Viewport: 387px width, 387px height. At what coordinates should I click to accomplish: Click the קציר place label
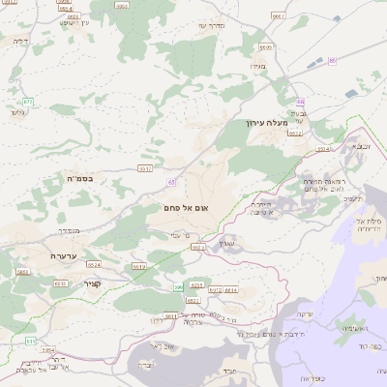pyautogui.click(x=93, y=283)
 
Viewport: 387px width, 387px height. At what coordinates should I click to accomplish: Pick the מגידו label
pyautogui.click(x=257, y=66)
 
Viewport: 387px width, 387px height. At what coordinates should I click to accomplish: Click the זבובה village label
pyautogui.click(x=363, y=145)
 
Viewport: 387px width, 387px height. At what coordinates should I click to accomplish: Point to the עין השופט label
pyautogui.click(x=73, y=21)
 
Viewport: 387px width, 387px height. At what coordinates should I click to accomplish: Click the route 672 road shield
pyautogui.click(x=28, y=101)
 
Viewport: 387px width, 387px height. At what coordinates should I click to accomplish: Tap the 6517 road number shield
pyautogui.click(x=145, y=167)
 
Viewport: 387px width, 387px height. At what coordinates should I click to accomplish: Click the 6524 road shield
pyautogui.click(x=94, y=263)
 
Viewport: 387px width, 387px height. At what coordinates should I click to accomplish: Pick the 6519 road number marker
pyautogui.click(x=139, y=266)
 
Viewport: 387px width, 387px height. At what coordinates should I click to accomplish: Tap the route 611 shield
pyautogui.click(x=30, y=341)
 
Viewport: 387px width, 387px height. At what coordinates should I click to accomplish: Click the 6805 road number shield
pyautogui.click(x=266, y=46)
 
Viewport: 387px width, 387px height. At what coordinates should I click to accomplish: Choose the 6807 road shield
pyautogui.click(x=279, y=16)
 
